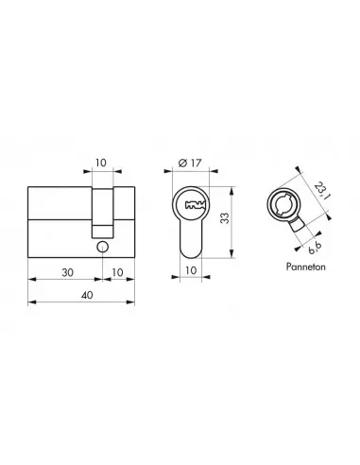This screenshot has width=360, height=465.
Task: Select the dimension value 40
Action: pos(81,294)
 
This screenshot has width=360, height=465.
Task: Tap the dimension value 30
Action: pos(65,271)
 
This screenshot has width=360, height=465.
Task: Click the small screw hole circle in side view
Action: pos(101,247)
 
